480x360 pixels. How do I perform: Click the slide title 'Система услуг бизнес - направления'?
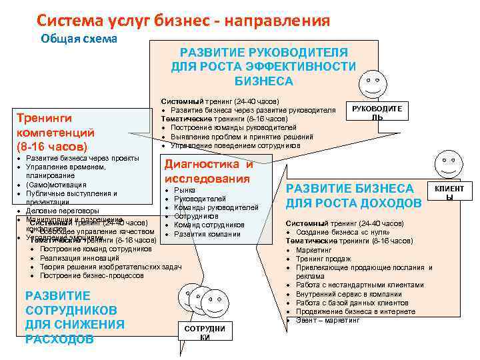point(183,21)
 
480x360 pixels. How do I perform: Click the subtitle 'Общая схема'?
point(79,39)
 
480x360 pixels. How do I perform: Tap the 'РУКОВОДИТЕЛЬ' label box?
point(377,111)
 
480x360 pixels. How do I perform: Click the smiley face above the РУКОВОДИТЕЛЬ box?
point(371,83)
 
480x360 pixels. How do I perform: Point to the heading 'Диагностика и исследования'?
point(208,171)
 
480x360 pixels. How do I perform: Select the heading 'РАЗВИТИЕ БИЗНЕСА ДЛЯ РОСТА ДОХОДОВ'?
point(353,195)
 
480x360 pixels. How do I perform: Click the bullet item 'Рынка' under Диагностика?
point(184,190)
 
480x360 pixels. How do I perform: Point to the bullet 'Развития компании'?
point(207,234)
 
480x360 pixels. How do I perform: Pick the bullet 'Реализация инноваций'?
point(79,258)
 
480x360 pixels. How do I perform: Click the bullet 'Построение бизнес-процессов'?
point(91,275)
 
